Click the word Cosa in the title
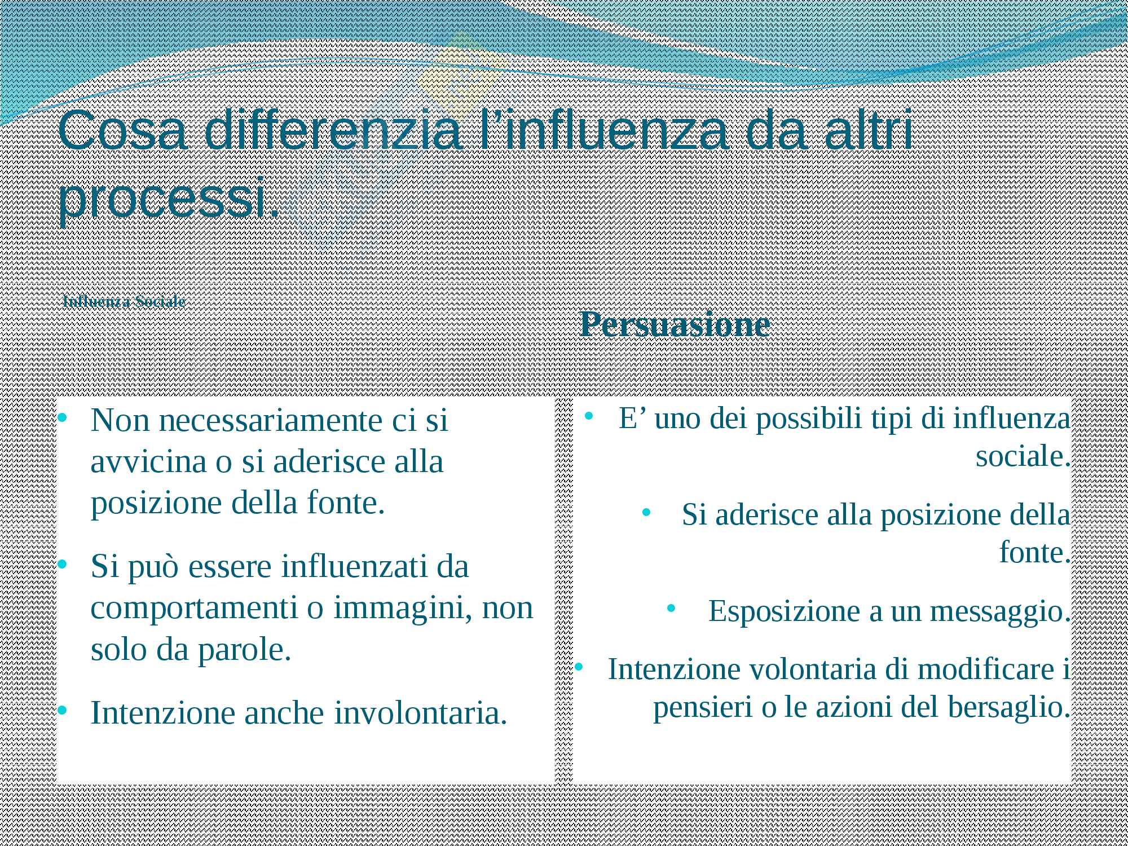(x=122, y=130)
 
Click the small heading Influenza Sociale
(x=125, y=302)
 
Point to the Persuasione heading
(x=675, y=324)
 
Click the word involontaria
(x=421, y=713)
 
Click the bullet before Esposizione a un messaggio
(x=671, y=609)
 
